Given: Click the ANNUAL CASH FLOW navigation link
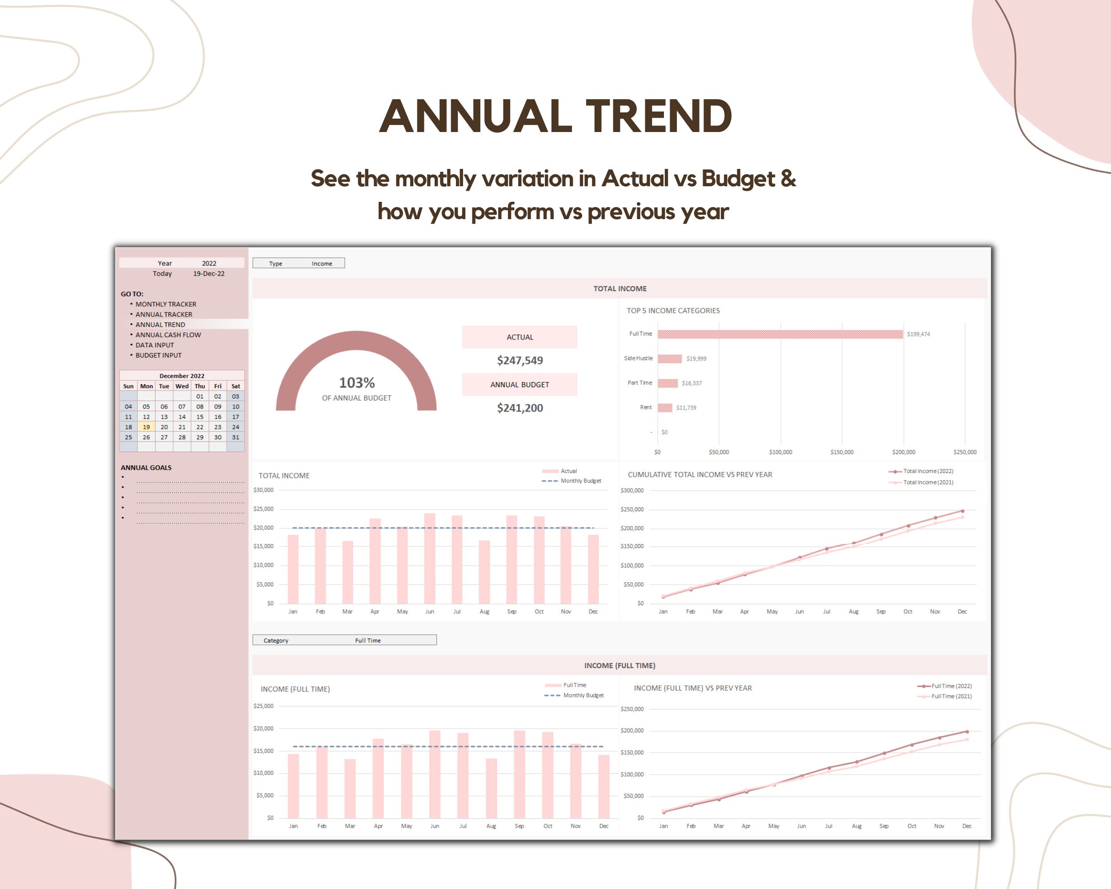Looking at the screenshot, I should point(168,335).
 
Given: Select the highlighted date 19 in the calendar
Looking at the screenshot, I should point(146,427).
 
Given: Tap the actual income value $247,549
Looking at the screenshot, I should point(520,360).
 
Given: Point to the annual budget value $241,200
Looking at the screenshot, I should point(520,408).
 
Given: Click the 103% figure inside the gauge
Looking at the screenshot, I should point(356,383).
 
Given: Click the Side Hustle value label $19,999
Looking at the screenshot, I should point(696,359).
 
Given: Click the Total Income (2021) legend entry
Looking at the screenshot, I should point(927,482).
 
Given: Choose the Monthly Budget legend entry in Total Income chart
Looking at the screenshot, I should point(580,481).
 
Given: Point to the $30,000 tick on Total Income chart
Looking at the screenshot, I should point(264,490).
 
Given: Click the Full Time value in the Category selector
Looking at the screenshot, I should point(368,640).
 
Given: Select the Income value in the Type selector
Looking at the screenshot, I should point(322,263).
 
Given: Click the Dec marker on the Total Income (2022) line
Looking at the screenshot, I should point(962,511).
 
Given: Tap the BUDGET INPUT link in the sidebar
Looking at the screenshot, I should point(158,355).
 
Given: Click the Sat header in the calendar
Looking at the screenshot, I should point(236,386).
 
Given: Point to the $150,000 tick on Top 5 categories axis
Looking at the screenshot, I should point(842,452).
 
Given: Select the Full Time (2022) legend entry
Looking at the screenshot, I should point(951,686).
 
